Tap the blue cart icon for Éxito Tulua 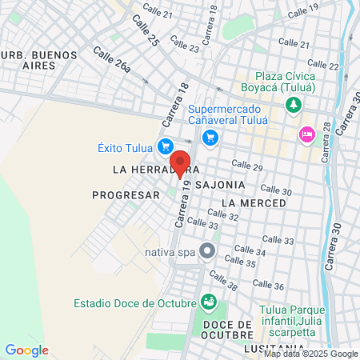point(166,146)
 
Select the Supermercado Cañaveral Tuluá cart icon point(210,138)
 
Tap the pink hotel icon point(305,134)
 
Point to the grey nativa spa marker point(207,252)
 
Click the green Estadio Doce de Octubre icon point(209,302)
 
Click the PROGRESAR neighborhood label point(126,194)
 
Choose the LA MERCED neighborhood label point(254,203)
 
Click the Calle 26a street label point(111,62)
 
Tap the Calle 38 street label point(222,281)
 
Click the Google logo point(26,350)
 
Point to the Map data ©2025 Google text point(311,354)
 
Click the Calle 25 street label point(146,30)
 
